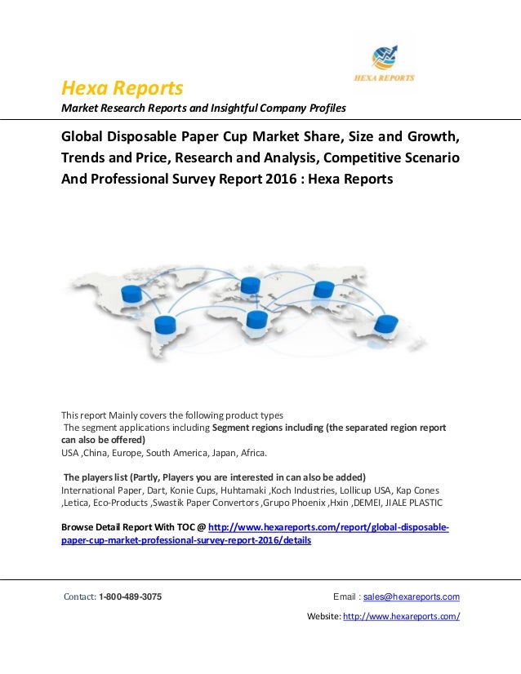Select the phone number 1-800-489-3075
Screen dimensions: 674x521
[129, 596]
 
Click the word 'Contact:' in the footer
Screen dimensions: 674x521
[80, 596]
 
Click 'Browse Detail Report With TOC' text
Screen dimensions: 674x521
[130, 528]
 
